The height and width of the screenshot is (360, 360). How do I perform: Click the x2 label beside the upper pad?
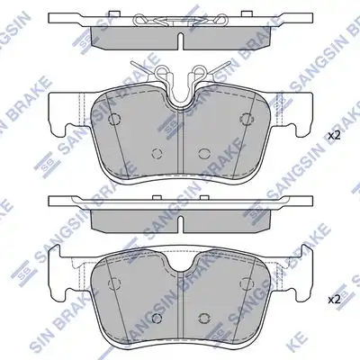click(334, 136)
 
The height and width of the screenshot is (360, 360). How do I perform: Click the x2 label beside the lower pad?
click(334, 300)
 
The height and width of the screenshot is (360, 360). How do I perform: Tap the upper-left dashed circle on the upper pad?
click(114, 119)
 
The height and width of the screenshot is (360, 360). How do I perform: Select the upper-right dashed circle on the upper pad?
click(246, 119)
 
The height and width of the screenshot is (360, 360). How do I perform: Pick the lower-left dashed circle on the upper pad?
click(157, 153)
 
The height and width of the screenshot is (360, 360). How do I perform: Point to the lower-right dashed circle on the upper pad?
click(204, 153)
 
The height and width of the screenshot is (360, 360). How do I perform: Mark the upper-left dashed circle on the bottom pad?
click(114, 283)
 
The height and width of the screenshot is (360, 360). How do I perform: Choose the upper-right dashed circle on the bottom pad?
click(246, 283)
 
